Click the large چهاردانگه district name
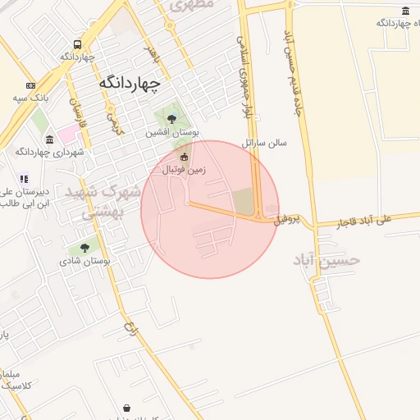(x=130, y=83)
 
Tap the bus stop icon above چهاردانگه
(x=78, y=45)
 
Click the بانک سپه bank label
(x=27, y=98)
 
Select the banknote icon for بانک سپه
(x=31, y=86)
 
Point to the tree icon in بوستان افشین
(x=171, y=120)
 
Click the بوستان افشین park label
(x=173, y=133)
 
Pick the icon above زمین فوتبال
(x=184, y=157)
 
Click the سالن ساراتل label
(x=265, y=142)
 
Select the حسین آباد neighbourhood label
(x=326, y=258)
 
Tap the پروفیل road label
(x=294, y=219)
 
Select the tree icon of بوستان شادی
(x=84, y=249)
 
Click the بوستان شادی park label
(x=84, y=262)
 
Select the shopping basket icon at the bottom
(x=127, y=408)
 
